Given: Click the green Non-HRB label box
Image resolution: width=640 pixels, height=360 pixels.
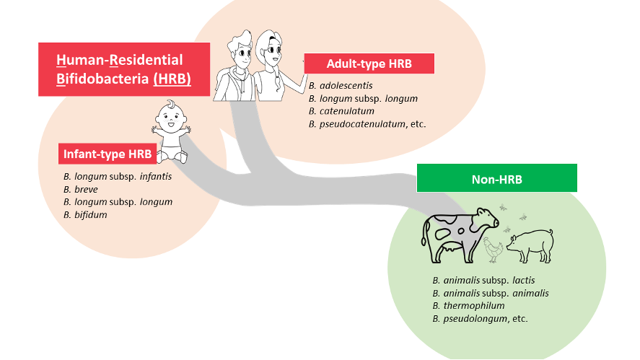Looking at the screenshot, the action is (x=496, y=178).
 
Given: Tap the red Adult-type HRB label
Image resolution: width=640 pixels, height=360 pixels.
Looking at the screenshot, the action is (x=369, y=63).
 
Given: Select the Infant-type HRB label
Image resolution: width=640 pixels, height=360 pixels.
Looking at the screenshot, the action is (x=108, y=154).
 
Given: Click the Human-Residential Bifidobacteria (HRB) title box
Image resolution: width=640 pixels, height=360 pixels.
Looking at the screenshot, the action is (x=124, y=69).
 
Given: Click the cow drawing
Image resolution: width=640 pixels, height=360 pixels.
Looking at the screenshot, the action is (x=460, y=235).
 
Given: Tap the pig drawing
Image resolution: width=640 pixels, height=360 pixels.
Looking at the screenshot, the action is (x=530, y=245).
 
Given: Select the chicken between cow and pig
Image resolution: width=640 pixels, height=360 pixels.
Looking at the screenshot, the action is (x=493, y=250).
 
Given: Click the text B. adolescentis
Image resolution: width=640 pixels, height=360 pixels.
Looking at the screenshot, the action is (x=341, y=86).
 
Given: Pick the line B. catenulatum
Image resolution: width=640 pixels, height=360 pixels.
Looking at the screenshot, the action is (x=341, y=111).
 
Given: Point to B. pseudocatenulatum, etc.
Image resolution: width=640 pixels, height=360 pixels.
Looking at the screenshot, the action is (x=367, y=124).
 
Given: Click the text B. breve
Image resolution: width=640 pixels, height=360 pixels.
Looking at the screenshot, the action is (x=81, y=190).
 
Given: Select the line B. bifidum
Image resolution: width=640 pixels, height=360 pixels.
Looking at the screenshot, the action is (x=85, y=215).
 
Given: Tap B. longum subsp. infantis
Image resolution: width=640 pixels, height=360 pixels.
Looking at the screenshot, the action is (x=118, y=177).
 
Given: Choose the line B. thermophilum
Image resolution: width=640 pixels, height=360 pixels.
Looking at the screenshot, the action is (x=468, y=306).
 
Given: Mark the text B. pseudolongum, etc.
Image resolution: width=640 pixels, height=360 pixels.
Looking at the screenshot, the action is (x=480, y=318).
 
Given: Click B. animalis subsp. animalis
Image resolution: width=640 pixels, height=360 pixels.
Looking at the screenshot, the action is (x=491, y=293).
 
